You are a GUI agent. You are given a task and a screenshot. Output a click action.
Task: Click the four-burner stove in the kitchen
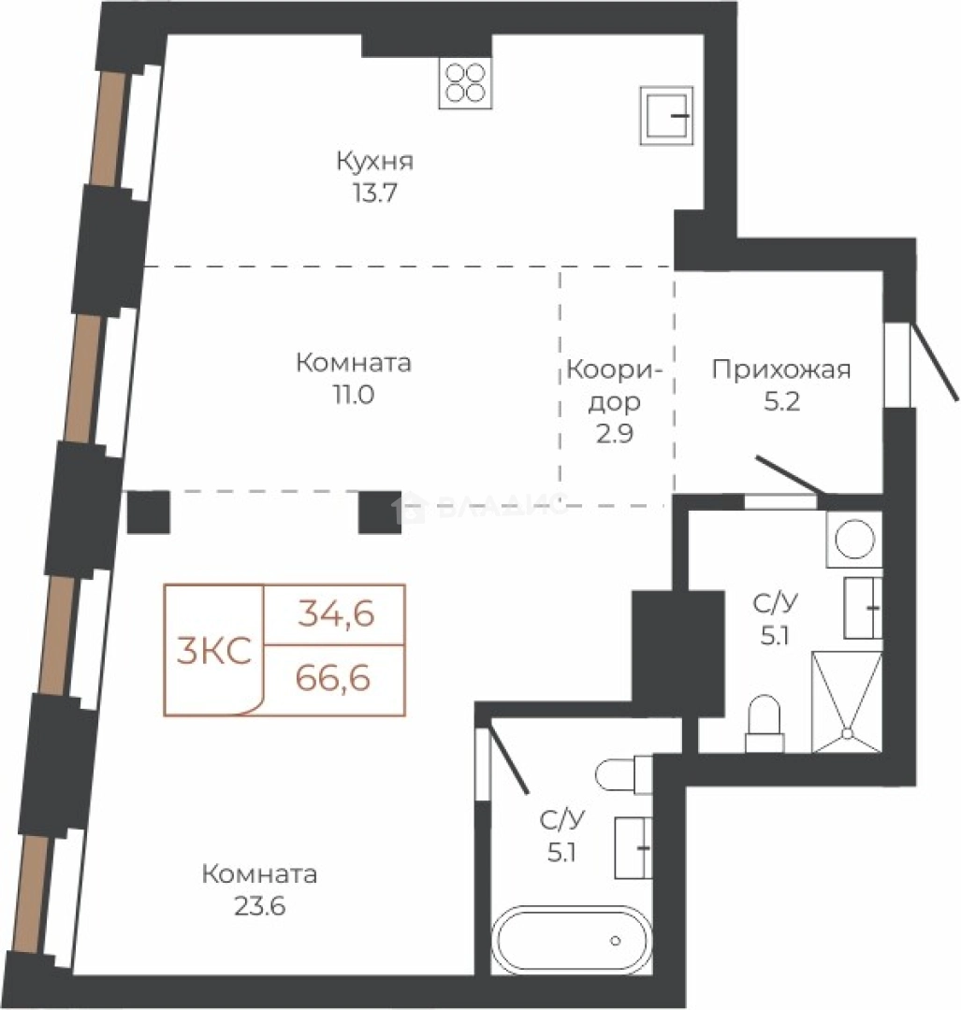coord(465,83)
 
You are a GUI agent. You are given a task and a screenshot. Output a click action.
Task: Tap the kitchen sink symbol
coord(666,115)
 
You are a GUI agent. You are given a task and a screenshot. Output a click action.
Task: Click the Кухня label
coord(374,162)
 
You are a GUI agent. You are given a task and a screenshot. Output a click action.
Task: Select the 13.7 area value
coord(374,193)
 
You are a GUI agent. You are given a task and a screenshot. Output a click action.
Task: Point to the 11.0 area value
coord(353,395)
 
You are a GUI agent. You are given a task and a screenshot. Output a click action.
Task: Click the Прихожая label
coord(781,370)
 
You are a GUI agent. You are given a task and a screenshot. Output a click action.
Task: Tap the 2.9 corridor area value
coord(614,434)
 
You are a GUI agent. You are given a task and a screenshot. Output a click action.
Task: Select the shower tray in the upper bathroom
coord(846,702)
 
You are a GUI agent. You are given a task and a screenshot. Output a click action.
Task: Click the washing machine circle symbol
coord(854,539)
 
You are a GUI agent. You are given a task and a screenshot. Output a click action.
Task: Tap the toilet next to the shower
coord(764,724)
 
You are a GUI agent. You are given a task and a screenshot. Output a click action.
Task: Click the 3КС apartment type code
coord(214,651)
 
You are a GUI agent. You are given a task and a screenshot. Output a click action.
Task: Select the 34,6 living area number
coord(336,613)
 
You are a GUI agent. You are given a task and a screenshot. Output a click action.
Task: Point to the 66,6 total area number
coord(333,678)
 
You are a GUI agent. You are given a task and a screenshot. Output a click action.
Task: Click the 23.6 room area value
coord(260,906)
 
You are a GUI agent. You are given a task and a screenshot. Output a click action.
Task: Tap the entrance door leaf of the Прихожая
coord(932,361)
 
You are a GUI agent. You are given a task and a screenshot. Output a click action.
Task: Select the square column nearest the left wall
coord(149,512)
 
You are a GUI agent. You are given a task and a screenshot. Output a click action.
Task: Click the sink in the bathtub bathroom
coord(633,847)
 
